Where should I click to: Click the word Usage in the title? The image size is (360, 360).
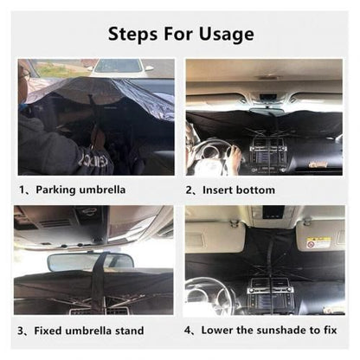click(227, 35)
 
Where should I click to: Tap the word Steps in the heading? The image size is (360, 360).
click(133, 35)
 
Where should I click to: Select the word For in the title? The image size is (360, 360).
click(178, 34)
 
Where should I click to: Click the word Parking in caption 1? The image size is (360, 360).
click(55, 190)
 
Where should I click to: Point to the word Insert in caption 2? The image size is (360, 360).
click(218, 190)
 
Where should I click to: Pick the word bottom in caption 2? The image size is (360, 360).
click(255, 190)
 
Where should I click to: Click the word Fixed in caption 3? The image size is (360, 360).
click(48, 331)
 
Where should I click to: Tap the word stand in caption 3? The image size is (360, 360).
click(130, 331)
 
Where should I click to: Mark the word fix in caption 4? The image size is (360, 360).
click(330, 330)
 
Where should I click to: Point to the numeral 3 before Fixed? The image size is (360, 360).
click(20, 331)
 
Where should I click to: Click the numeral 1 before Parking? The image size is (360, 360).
click(22, 190)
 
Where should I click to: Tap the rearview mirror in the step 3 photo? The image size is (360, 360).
click(90, 262)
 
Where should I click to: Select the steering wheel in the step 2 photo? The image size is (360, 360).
click(215, 155)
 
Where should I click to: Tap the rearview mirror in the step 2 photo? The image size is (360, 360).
click(267, 111)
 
